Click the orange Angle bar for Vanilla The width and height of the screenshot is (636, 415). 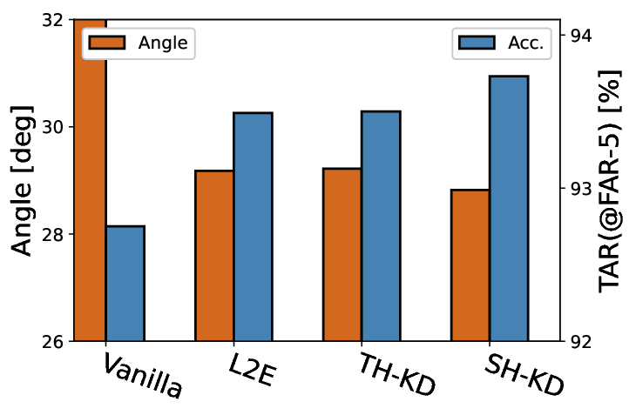(90, 180)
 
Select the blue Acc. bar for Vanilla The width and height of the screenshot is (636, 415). (125, 284)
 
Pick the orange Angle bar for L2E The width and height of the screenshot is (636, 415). (214, 256)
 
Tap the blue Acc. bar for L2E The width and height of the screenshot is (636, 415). (254, 227)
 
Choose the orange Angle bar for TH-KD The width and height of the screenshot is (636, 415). (342, 255)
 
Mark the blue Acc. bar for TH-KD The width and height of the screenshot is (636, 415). (381, 226)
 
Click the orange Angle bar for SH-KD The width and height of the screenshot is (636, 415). (470, 265)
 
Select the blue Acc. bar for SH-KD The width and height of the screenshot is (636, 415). (509, 209)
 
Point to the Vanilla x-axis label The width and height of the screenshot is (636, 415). (142, 375)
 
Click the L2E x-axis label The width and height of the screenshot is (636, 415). (253, 370)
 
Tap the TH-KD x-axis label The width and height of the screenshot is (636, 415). (396, 374)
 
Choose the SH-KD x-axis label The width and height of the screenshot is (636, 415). (524, 374)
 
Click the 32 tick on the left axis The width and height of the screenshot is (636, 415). (53, 19)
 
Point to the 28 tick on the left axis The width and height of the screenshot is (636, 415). (53, 234)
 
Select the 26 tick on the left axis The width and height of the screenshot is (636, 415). (53, 341)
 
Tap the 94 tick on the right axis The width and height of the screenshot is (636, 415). (581, 36)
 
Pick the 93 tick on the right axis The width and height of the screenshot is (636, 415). (581, 188)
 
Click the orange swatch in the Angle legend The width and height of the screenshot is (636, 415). (107, 43)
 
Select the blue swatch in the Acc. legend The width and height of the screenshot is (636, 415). (477, 43)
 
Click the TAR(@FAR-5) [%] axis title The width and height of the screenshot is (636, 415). (610, 181)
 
